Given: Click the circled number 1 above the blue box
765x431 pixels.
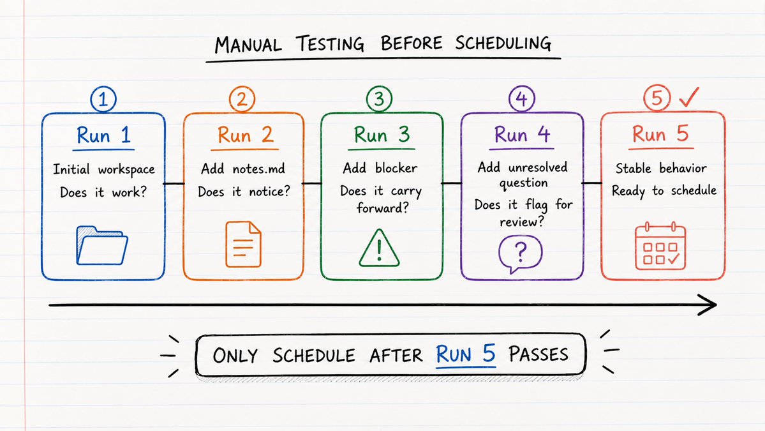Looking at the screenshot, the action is click(x=103, y=99).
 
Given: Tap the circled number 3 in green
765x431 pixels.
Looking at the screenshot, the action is click(x=379, y=98).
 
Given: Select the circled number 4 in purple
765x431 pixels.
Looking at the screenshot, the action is click(x=521, y=98).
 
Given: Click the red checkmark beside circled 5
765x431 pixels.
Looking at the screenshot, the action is click(x=689, y=97).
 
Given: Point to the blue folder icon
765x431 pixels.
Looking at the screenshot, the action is click(x=102, y=246).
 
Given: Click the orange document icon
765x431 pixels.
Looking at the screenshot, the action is click(x=243, y=244).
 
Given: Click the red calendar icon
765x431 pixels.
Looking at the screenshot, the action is click(x=660, y=246).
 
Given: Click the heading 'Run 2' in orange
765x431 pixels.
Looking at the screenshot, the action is click(x=245, y=135).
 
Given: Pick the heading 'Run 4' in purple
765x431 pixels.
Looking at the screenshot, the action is click(x=522, y=134).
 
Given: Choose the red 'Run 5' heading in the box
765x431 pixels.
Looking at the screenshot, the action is click(x=660, y=133).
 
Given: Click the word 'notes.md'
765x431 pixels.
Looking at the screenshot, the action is click(x=258, y=169).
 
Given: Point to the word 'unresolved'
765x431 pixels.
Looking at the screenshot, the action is click(x=538, y=167).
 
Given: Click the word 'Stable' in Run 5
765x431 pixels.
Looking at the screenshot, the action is click(x=634, y=169).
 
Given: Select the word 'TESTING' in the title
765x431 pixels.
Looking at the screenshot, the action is click(x=331, y=44).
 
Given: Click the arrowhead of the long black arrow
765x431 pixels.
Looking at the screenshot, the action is click(x=708, y=305).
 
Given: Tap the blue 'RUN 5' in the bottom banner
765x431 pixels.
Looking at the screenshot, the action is click(x=466, y=354).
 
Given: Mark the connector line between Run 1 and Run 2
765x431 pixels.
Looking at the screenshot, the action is click(x=174, y=183).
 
